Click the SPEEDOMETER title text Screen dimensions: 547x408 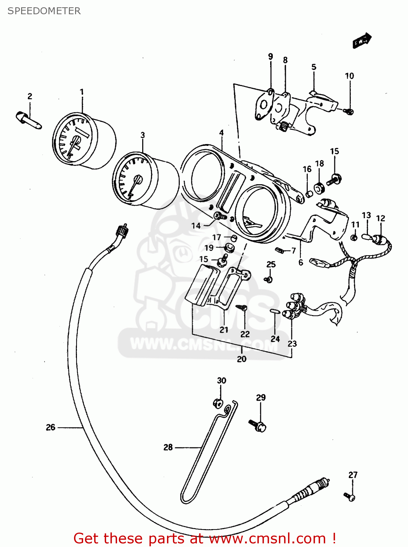(x=44, y=11)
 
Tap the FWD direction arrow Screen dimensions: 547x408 (x=362, y=40)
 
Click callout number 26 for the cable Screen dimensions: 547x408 (x=51, y=427)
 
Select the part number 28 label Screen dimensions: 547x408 (x=168, y=447)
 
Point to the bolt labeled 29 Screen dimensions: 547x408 (x=258, y=425)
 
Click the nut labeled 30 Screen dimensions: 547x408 (x=218, y=403)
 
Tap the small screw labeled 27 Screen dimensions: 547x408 (x=349, y=496)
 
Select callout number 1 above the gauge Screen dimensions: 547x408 (x=82, y=92)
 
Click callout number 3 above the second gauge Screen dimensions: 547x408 (x=143, y=135)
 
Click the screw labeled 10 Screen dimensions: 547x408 (x=349, y=111)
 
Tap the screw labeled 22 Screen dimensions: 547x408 (x=242, y=308)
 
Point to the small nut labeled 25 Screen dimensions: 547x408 (x=269, y=280)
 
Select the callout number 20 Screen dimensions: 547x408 (x=242, y=359)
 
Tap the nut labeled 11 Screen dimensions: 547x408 (x=354, y=238)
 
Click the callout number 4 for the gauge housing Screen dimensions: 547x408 (x=221, y=133)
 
